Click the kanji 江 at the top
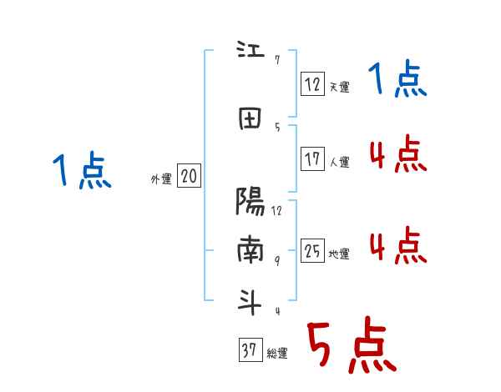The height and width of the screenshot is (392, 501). coord(250,49)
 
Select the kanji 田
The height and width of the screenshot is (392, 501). coord(250,118)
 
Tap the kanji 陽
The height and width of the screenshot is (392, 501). coord(250,201)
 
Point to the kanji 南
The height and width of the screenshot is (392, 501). coord(250,249)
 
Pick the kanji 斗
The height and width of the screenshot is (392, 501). coord(250,302)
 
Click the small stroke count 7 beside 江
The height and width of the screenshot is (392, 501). coord(277,60)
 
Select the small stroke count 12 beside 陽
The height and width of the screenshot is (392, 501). coord(276,211)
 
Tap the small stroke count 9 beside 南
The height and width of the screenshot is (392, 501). coord(277,261)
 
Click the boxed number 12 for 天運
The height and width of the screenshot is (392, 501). coord(312,83)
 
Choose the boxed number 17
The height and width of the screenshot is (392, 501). coord(312,158)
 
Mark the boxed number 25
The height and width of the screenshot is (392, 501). coord(312,250)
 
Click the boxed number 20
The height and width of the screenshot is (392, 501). coord(189,175)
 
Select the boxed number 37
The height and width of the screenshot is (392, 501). coord(250,349)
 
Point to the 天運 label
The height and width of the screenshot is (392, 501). coord(339,87)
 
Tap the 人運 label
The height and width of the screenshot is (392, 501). coord(339,162)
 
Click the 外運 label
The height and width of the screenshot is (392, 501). coord(161,179)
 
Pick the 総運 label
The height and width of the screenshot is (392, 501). coord(277,354)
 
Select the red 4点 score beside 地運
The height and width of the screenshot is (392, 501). coord(398,245)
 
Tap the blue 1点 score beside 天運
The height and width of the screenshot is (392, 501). coord(397,78)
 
